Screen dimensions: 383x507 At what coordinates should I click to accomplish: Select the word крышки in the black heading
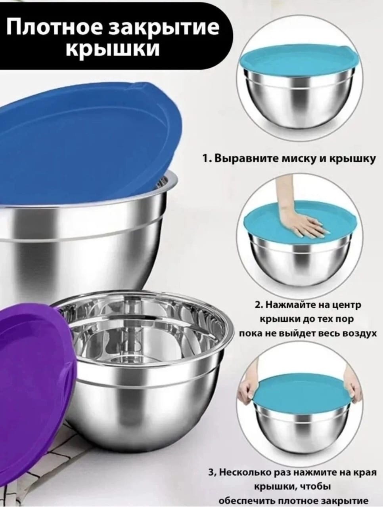113,49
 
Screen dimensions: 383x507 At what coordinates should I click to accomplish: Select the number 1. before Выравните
206,159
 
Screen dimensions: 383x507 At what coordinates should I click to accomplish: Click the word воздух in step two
356,333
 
